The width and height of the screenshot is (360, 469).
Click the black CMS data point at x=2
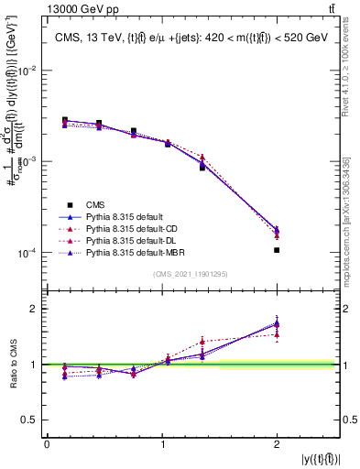pos(277,249)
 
